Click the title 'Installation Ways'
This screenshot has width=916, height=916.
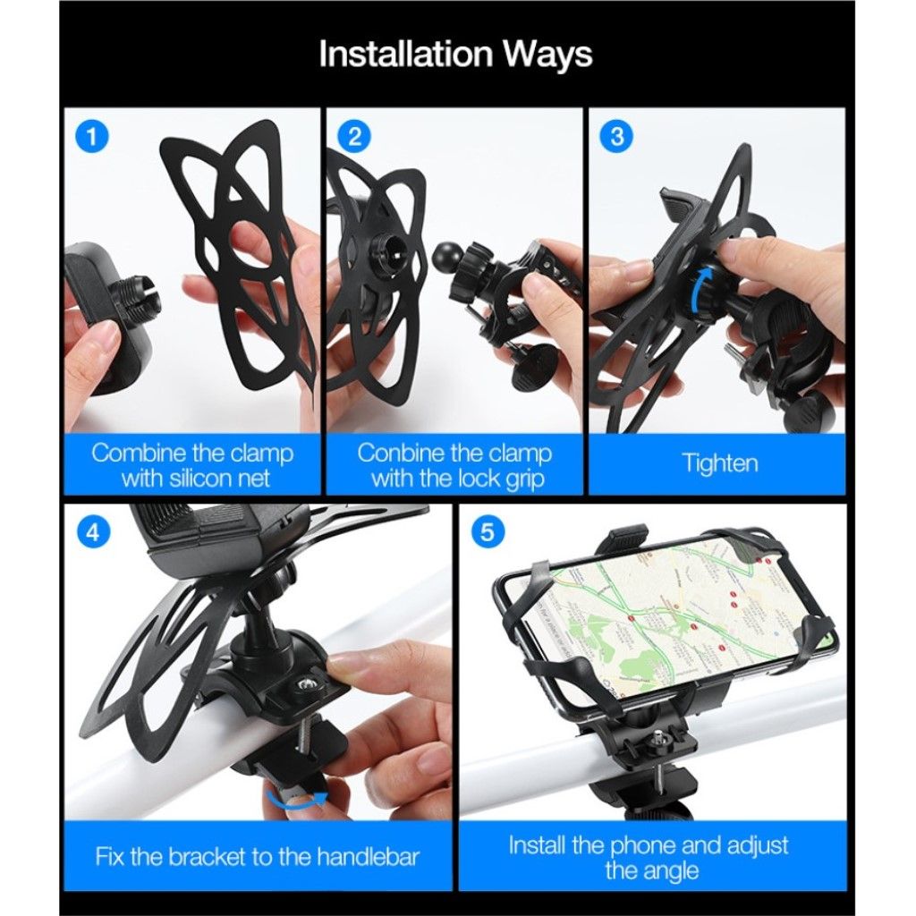455,55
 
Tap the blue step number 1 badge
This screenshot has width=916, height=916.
92,137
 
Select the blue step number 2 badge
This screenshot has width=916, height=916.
354,137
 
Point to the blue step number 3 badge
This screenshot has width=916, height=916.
617,137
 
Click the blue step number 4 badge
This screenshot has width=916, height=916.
92,532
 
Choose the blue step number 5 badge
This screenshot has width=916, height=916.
488,532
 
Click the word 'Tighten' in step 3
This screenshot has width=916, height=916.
720,464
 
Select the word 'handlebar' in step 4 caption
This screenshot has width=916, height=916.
368,857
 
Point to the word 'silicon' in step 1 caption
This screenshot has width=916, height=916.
203,479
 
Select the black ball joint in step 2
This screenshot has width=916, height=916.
449,255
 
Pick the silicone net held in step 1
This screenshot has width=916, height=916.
241,257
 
